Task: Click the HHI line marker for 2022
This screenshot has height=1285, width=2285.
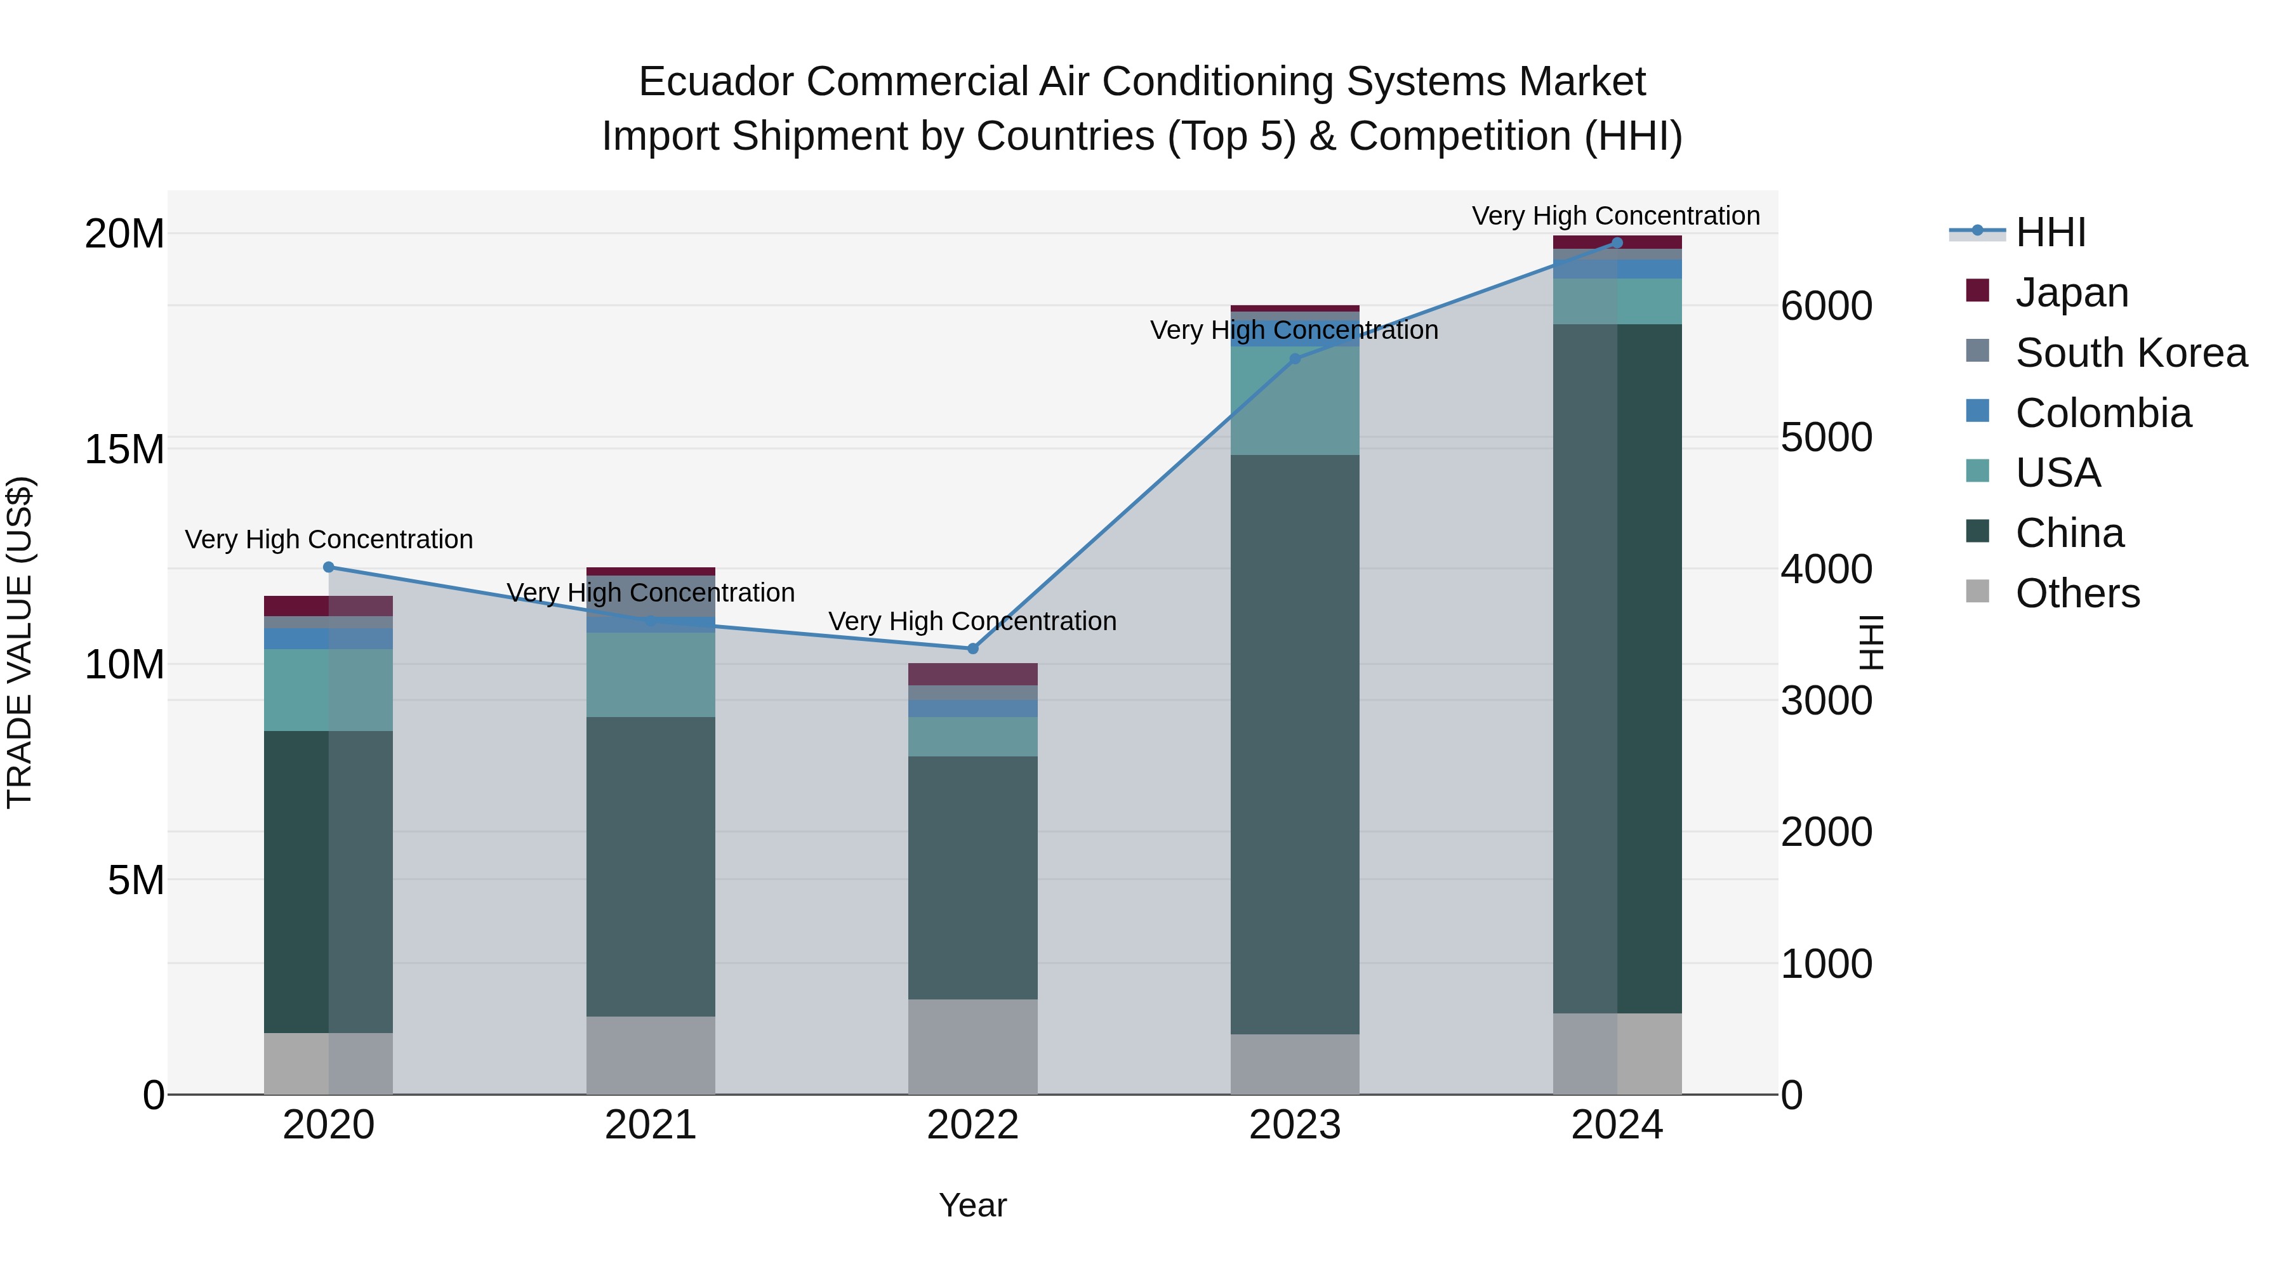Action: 972,649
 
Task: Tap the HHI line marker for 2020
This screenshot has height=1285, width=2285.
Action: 328,567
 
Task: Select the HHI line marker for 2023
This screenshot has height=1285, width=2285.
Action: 1294,359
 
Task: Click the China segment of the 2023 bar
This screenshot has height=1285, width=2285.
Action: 1294,745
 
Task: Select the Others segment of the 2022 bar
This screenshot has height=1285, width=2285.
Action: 972,1046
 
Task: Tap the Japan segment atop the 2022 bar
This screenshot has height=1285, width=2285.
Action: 972,674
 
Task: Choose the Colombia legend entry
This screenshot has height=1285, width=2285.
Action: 2102,413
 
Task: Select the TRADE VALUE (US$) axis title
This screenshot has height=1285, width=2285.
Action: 20,642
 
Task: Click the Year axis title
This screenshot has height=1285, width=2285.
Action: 972,1205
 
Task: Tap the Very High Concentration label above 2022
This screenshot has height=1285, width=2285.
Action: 972,621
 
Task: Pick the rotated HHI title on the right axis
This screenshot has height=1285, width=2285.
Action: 1870,642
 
